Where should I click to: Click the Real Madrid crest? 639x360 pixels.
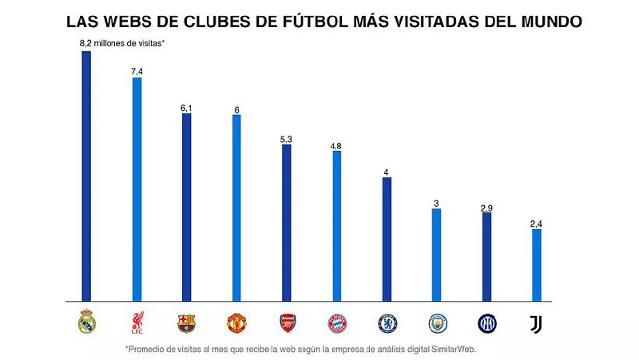coord(86,322)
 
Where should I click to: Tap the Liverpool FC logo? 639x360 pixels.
coord(137,323)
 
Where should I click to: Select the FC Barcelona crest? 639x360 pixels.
coord(186,323)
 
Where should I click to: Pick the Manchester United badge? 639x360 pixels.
coord(236,323)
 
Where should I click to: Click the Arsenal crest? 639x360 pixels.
coord(287,323)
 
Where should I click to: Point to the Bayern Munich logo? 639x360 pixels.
coord(336,323)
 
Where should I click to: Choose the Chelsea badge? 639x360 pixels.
coord(387,323)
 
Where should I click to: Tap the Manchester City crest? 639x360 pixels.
coord(437,323)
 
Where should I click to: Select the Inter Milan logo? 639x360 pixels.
coord(486,323)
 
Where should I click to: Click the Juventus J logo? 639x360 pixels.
coord(536,323)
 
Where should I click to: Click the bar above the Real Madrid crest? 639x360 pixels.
coord(86,176)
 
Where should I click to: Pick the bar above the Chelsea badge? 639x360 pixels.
coord(387,239)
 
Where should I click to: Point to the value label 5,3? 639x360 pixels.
coord(287,139)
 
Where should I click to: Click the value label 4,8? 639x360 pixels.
coord(336,146)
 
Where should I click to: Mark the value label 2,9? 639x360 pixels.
coord(486,208)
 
